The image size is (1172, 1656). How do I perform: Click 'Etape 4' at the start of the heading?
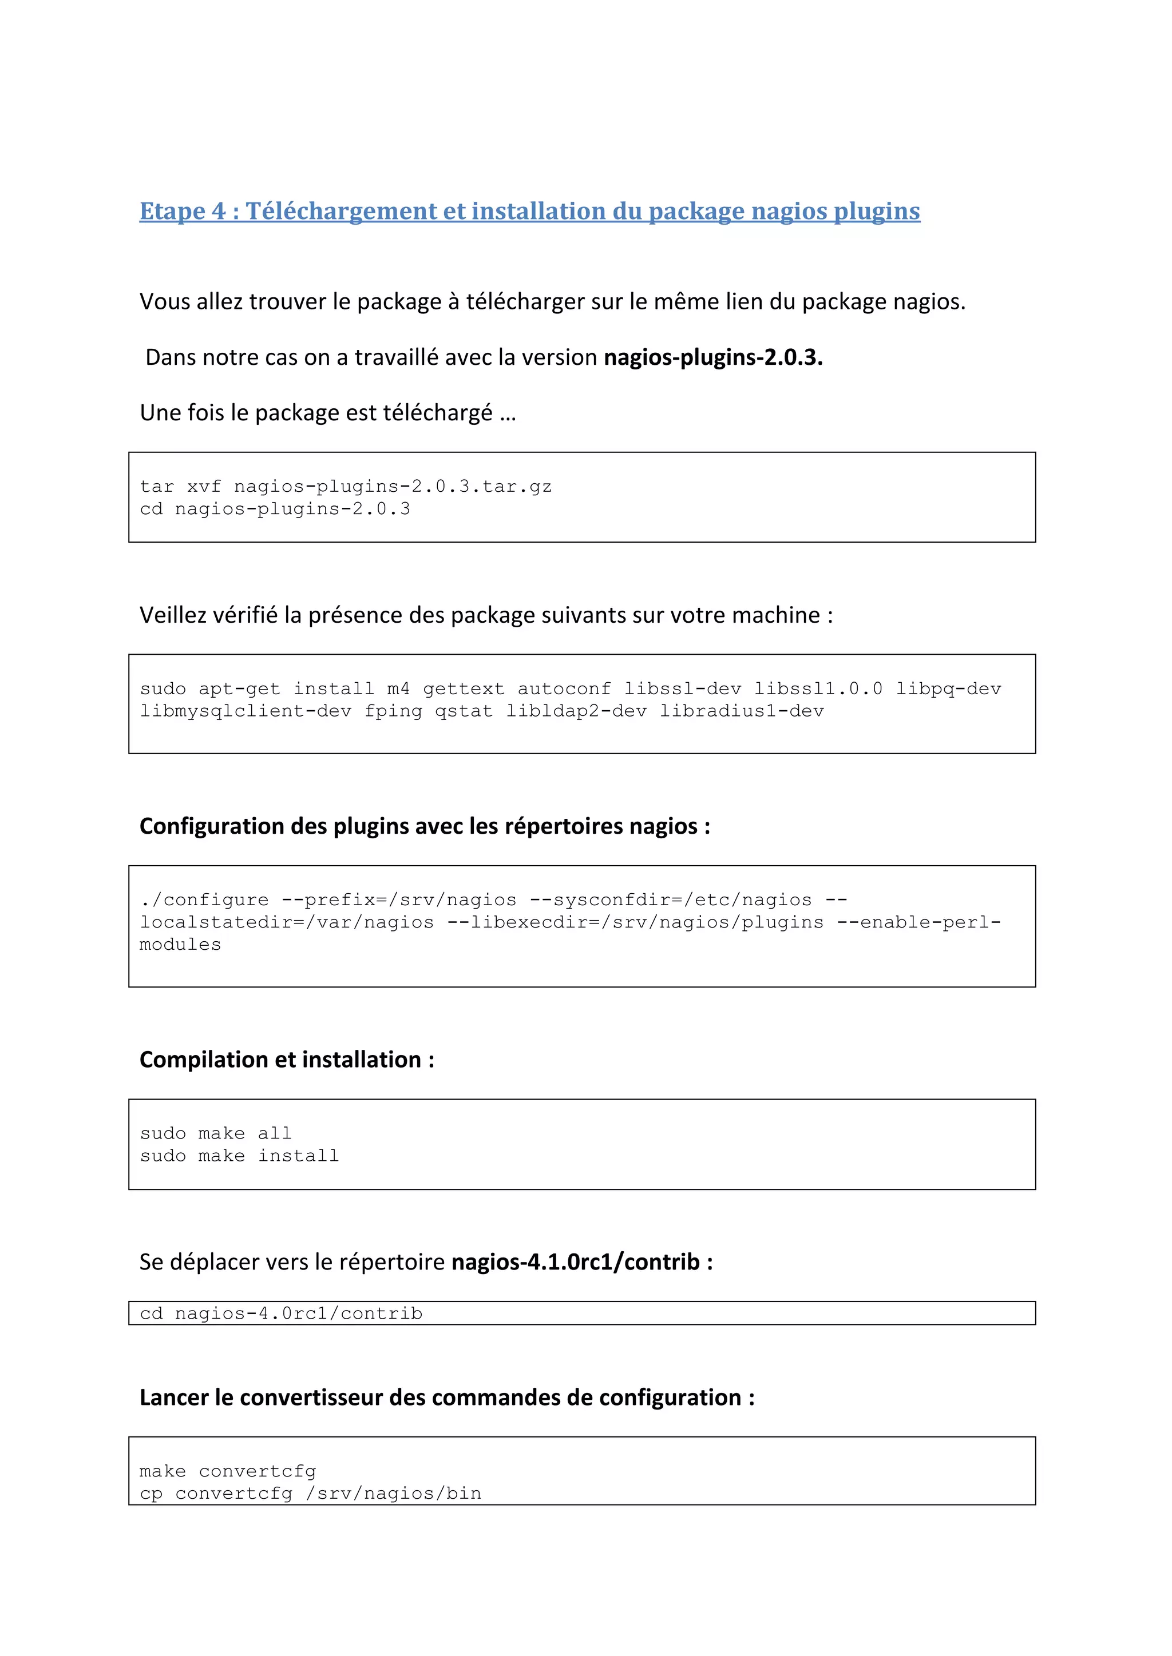182,212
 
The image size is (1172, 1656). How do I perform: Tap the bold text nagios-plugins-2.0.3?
713,357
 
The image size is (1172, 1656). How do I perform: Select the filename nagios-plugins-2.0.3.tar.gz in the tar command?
393,487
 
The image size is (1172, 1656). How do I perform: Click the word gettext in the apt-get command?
464,689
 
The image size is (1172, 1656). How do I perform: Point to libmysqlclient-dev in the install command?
246,711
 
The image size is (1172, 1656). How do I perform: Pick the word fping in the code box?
393,711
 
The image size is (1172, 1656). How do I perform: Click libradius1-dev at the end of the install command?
741,711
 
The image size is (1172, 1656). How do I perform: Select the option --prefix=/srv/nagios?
398,900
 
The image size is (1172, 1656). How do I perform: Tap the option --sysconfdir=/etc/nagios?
671,900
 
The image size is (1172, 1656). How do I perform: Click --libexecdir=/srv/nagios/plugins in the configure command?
635,922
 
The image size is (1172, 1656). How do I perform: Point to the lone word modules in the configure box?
180,945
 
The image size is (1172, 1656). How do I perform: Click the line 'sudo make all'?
216,1134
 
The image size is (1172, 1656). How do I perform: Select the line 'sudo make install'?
239,1156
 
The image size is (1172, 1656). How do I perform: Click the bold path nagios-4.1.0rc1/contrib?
575,1262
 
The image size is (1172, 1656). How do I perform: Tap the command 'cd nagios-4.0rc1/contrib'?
281,1313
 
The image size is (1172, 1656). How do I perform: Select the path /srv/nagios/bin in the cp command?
393,1494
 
